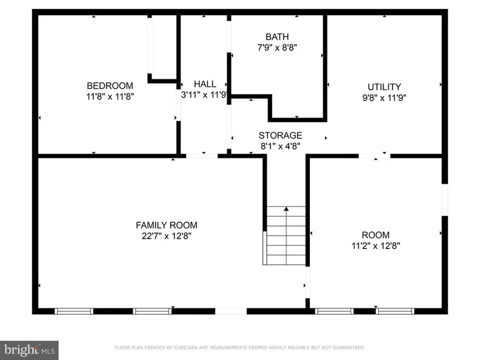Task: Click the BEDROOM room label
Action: [x=110, y=85]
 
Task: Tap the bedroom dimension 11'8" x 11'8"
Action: [x=110, y=97]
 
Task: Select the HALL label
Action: [x=205, y=84]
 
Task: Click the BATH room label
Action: [x=277, y=37]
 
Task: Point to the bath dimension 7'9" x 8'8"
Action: [x=277, y=47]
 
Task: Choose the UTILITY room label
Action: [x=384, y=86]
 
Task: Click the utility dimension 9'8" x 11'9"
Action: [x=384, y=98]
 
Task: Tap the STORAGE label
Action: [x=280, y=135]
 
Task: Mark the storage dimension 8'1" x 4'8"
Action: [x=280, y=146]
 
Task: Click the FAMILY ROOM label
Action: [x=166, y=225]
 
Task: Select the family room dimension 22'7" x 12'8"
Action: [x=166, y=236]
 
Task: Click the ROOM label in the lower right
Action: [x=375, y=235]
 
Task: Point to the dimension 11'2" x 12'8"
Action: [x=375, y=246]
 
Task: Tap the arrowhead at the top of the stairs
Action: [x=286, y=209]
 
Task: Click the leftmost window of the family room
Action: [x=75, y=311]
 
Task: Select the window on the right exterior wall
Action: [x=444, y=199]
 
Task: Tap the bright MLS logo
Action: [x=29, y=350]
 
